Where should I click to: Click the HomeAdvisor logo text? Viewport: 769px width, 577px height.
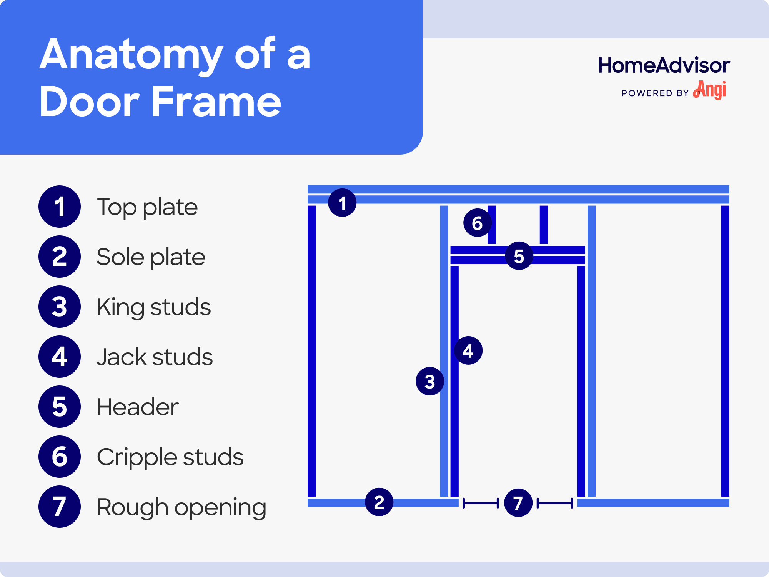[664, 65]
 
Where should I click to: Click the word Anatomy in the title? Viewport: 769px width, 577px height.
[131, 55]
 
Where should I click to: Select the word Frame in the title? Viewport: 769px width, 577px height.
[216, 102]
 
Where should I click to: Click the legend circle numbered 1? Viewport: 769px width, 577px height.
[60, 207]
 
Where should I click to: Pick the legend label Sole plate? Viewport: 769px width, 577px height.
[151, 257]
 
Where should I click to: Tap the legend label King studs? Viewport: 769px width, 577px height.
[153, 307]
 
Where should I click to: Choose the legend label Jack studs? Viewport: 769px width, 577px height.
[155, 357]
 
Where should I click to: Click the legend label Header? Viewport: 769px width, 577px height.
[137, 407]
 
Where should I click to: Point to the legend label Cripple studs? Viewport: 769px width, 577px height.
[170, 457]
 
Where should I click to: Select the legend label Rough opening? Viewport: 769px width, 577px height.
[181, 507]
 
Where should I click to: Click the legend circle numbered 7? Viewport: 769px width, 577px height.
[60, 507]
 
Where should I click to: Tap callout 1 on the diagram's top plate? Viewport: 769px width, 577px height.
[342, 203]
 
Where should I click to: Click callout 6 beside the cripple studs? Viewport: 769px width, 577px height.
[477, 223]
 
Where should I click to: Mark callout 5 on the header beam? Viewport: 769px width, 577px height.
[519, 256]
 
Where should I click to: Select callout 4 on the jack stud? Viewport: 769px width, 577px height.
[468, 350]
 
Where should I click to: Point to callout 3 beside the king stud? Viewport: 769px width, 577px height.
[430, 381]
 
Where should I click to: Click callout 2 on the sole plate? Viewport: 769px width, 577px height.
[379, 502]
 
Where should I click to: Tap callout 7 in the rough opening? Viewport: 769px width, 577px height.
[518, 503]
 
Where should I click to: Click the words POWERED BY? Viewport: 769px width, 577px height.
[654, 93]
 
